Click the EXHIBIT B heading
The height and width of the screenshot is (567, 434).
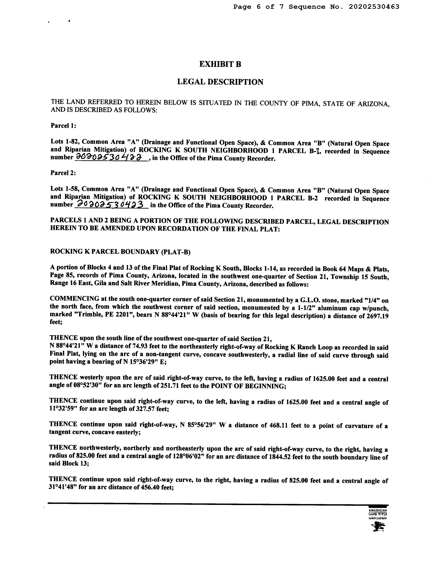pyautogui.click(x=220, y=64)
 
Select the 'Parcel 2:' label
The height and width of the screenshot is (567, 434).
pyautogui.click(x=63, y=173)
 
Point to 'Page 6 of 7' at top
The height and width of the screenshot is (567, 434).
pyautogui.click(x=258, y=7)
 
